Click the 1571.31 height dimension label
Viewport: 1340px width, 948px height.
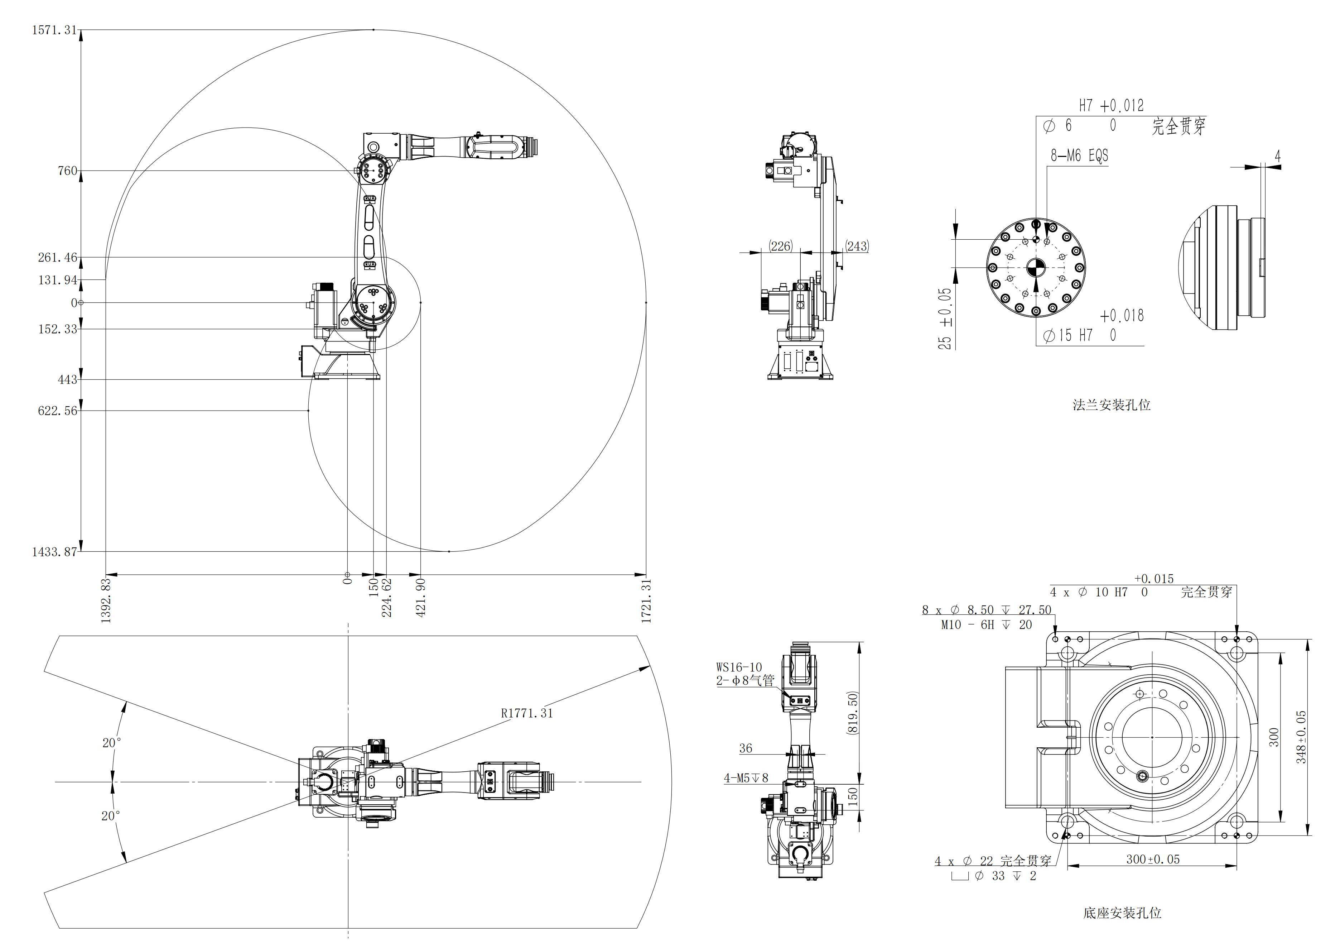click(x=54, y=30)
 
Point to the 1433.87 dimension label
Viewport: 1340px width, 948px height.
click(x=54, y=552)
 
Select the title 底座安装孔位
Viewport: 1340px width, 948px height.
click(x=1122, y=913)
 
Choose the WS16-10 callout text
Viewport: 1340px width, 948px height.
click(x=739, y=667)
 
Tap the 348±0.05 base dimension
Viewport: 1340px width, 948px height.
click(x=1301, y=737)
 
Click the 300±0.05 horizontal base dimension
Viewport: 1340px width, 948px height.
click(x=1153, y=859)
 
